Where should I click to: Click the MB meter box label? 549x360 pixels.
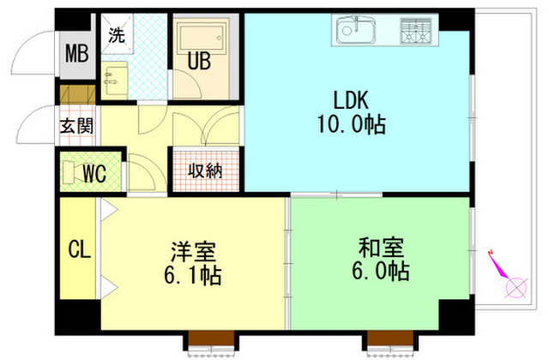77,54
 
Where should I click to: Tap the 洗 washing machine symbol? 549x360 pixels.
117,34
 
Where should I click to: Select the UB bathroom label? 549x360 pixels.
199,61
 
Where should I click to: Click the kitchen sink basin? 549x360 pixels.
356,31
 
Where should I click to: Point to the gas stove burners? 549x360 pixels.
415,31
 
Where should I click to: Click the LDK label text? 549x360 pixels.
351,100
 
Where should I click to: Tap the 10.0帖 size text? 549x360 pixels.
352,124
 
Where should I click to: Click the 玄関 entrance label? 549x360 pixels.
76,126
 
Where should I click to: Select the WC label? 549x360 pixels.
94,173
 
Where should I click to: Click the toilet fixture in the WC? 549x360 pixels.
69,171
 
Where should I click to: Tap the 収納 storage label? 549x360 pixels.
205,171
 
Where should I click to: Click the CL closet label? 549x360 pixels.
80,249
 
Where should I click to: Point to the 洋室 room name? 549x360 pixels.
193,251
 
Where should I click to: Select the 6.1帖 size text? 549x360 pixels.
192,275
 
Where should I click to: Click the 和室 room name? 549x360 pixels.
381,248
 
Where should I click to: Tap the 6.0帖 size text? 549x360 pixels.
381,271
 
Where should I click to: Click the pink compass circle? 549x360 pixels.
516,288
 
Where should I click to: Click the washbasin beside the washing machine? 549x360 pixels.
114,79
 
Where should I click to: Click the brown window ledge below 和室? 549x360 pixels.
390,338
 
